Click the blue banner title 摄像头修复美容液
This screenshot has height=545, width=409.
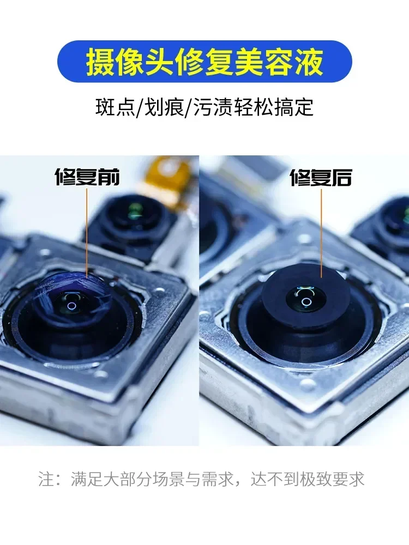pyautogui.click(x=204, y=62)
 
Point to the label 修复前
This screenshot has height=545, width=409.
pyautogui.click(x=87, y=177)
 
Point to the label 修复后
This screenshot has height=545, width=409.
pyautogui.click(x=321, y=178)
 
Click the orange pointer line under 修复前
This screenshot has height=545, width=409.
pyautogui.click(x=87, y=234)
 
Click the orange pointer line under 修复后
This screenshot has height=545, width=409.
pyautogui.click(x=321, y=234)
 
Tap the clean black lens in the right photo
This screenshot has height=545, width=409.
pyautogui.click(x=305, y=294)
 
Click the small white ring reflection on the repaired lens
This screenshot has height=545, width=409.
pyautogui.click(x=306, y=302)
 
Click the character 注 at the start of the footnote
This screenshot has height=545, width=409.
pyautogui.click(x=46, y=479)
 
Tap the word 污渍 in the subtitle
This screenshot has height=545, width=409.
pyautogui.click(x=211, y=107)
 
